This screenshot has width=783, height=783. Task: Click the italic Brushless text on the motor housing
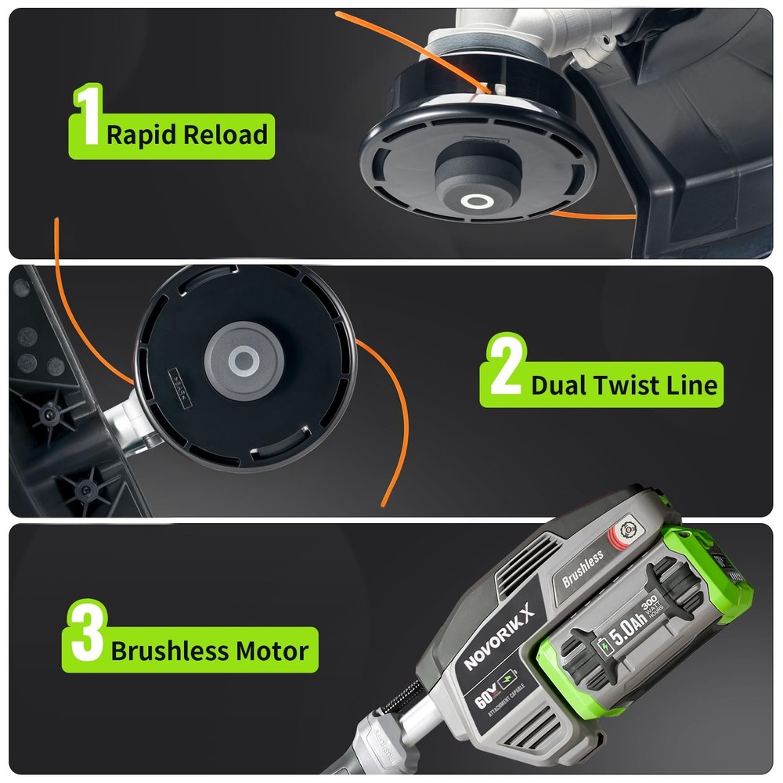point(583,568)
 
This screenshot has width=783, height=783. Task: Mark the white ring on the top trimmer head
point(474,201)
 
